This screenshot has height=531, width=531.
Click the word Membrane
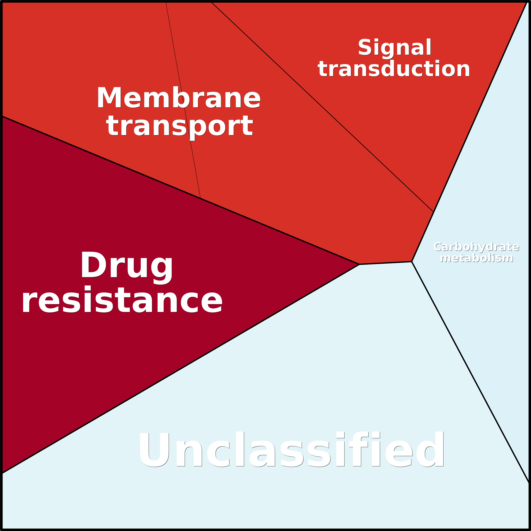click(178, 98)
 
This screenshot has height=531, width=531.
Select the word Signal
click(394, 48)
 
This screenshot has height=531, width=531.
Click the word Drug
click(127, 265)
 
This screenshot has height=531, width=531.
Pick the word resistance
click(122, 300)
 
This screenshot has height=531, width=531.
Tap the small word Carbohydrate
click(476, 247)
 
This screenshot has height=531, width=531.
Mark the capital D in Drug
click(93, 264)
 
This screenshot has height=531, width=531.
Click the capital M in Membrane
click(109, 98)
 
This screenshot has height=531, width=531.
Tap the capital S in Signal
click(365, 47)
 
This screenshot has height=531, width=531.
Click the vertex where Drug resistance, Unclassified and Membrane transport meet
click(359, 264)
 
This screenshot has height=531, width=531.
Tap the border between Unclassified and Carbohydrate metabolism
click(467, 365)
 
